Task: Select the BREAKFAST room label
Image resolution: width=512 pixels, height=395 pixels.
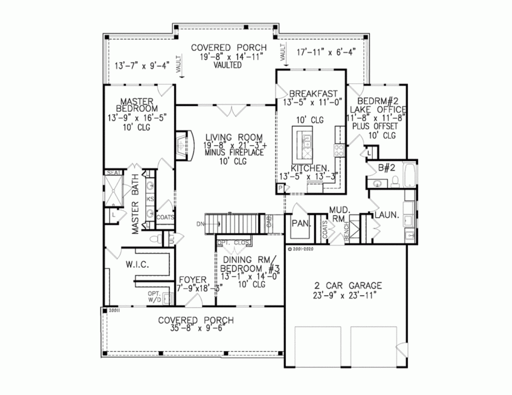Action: pyautogui.click(x=312, y=93)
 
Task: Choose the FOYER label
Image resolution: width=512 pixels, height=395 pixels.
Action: pyautogui.click(x=192, y=280)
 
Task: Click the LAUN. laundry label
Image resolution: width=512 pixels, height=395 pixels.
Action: pyautogui.click(x=385, y=215)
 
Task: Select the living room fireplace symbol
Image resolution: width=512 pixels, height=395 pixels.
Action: pyautogui.click(x=181, y=145)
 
